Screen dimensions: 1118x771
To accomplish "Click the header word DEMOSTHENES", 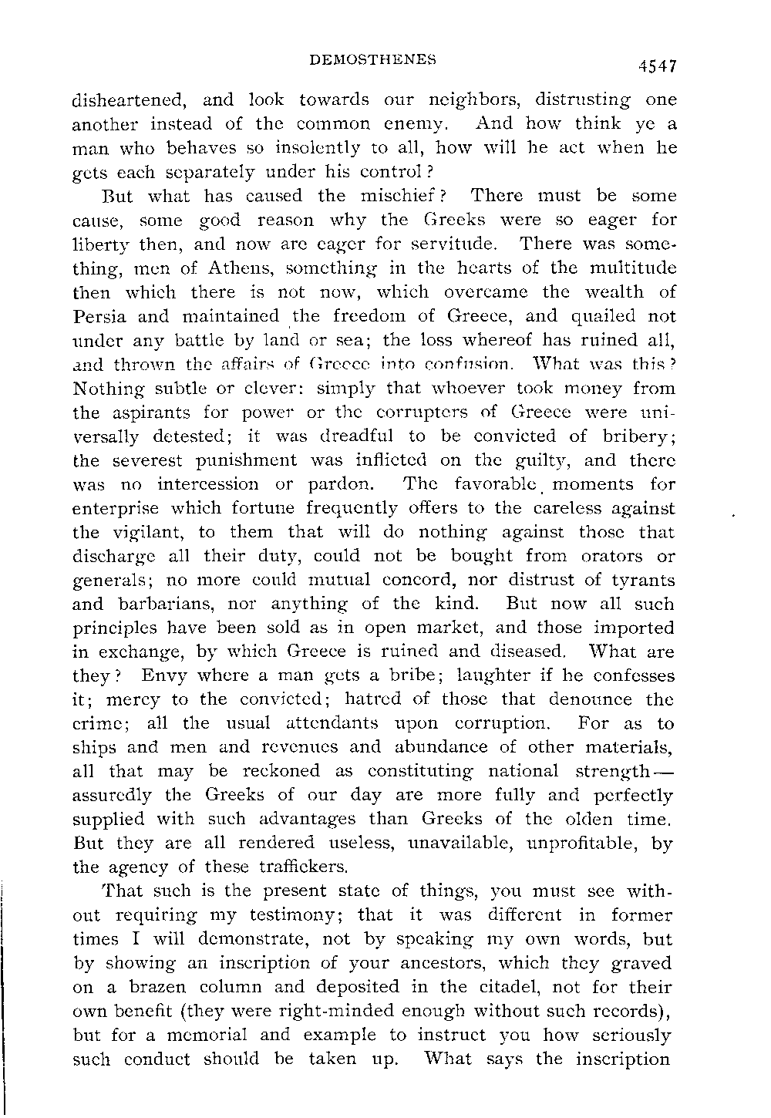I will click(372, 59).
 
